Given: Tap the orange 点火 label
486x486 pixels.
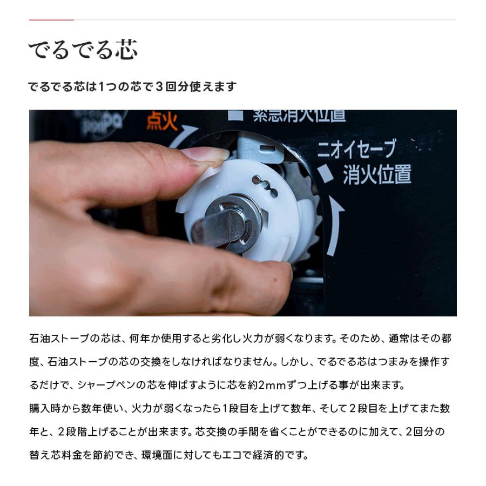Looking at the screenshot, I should coord(161,122).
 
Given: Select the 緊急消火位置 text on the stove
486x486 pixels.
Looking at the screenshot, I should coord(299,115).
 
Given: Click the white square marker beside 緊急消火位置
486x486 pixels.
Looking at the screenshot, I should coord(235,115).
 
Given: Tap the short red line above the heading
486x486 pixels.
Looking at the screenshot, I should coord(51,20).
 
